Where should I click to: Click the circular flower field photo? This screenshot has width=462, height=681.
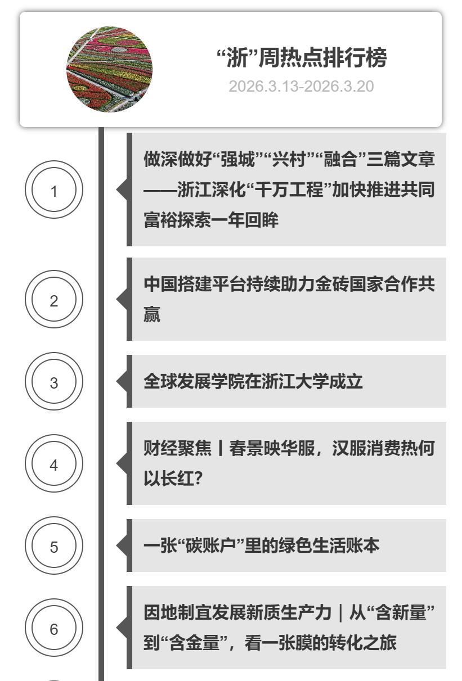click(x=109, y=69)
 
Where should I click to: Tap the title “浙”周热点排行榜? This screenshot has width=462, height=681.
click(x=302, y=57)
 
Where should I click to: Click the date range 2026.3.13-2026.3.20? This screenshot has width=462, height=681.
click(x=301, y=87)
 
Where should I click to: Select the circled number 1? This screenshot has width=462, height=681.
click(x=54, y=190)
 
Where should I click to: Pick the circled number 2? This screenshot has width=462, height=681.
click(x=54, y=299)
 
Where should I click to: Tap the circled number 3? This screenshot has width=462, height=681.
click(x=54, y=381)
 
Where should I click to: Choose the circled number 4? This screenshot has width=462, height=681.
click(x=54, y=463)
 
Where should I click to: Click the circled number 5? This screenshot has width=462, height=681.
click(x=54, y=545)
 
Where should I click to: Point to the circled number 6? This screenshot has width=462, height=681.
click(x=54, y=628)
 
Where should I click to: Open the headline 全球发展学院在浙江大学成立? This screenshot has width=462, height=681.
click(x=253, y=381)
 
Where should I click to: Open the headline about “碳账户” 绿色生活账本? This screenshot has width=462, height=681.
click(x=262, y=545)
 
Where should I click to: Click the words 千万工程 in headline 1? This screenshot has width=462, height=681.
click(x=289, y=190)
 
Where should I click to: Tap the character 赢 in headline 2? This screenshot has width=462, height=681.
click(x=152, y=314)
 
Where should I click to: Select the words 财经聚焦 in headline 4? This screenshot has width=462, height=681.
click(x=178, y=448)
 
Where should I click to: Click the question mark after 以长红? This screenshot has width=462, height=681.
click(x=198, y=479)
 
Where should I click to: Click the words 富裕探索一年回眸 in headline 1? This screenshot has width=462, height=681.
click(x=211, y=220)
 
